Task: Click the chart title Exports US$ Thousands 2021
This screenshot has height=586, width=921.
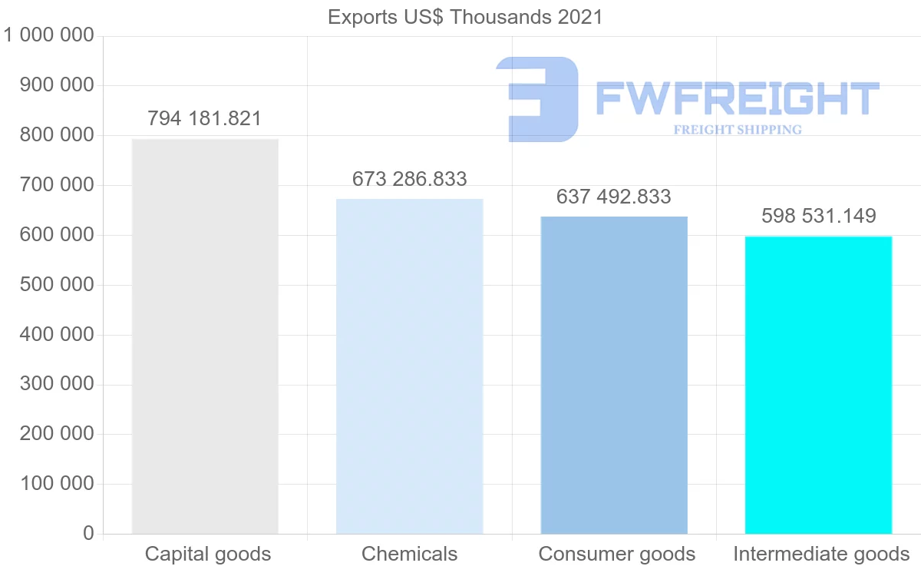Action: (465, 17)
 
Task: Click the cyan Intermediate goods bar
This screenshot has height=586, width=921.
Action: (818, 385)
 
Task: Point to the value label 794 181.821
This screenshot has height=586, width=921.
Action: (205, 119)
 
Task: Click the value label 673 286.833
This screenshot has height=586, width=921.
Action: (410, 179)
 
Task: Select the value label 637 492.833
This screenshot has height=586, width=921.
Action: (614, 197)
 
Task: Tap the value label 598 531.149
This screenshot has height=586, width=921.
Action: (818, 217)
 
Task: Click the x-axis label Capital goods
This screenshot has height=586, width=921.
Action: (208, 554)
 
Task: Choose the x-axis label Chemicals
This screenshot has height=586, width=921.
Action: (410, 554)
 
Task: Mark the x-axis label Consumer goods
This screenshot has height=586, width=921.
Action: (617, 554)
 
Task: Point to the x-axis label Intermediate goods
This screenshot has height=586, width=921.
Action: (821, 554)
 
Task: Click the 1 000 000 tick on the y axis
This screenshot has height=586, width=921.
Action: (49, 35)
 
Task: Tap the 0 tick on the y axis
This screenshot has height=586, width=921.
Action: (88, 534)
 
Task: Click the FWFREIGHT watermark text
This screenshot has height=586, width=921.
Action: (737, 99)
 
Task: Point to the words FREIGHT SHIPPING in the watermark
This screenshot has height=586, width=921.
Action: (738, 130)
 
